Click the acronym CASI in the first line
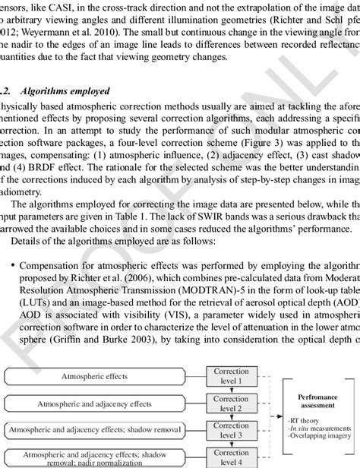60,7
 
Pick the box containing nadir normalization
103,458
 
